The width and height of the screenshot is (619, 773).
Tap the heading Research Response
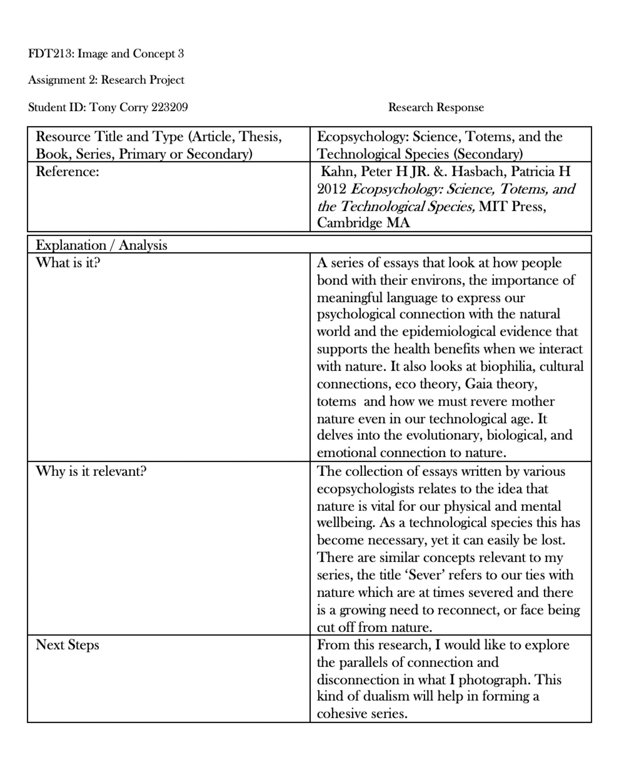click(x=436, y=107)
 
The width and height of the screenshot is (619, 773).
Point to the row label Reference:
click(x=67, y=172)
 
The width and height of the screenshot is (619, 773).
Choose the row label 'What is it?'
click(x=68, y=263)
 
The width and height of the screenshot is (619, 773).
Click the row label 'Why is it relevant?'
click(x=91, y=471)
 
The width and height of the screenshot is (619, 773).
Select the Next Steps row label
click(x=67, y=645)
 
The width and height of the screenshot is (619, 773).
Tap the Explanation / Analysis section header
click(x=101, y=245)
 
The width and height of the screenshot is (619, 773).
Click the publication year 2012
click(x=332, y=189)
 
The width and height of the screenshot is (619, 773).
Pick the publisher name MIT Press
click(x=512, y=206)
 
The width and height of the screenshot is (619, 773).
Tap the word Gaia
click(x=479, y=384)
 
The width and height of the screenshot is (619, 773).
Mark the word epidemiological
click(x=449, y=332)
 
